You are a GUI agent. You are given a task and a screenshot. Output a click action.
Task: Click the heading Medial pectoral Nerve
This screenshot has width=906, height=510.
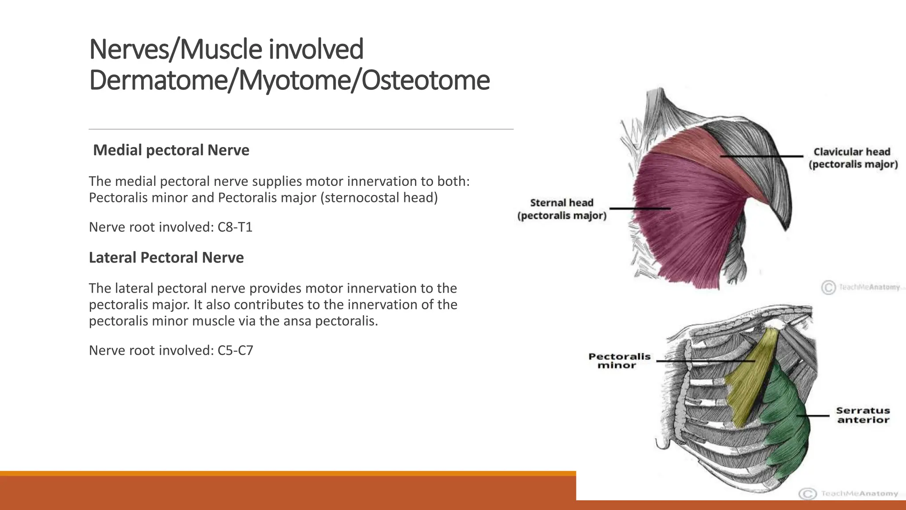pos(171,150)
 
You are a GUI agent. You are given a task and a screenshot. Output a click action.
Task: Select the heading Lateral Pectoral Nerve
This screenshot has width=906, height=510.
pos(166,258)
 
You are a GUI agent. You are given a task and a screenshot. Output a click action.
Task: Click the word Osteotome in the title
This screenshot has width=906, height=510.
pos(425,80)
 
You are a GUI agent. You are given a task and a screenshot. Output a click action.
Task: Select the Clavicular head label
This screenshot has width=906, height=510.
pos(853,158)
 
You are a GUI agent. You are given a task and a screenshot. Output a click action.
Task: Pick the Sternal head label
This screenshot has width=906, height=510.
pos(561,209)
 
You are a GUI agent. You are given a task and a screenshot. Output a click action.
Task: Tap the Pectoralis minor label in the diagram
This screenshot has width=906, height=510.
pos(619,361)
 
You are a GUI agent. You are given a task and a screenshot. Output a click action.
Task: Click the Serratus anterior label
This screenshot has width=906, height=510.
pos(863,415)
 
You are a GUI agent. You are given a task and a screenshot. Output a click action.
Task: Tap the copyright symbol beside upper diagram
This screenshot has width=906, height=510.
pos(828,287)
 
